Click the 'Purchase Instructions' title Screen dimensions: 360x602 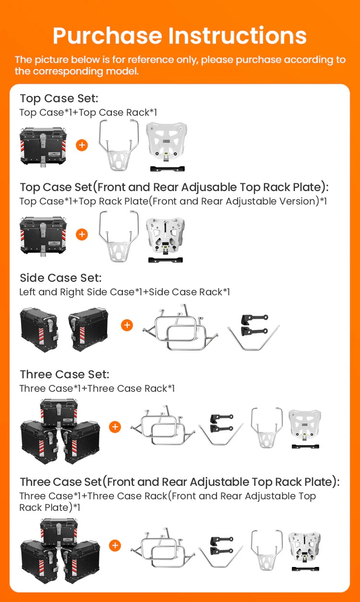point(180,36)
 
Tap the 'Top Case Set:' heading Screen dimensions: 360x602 point(59,98)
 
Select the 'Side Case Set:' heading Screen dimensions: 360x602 point(60,278)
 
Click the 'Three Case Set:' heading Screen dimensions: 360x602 point(64,374)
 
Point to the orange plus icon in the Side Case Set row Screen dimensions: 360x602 point(127,325)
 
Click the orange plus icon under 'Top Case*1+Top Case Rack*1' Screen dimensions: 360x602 point(82,145)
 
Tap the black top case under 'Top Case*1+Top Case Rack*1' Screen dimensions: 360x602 point(43,147)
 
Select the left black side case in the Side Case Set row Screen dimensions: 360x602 point(39,330)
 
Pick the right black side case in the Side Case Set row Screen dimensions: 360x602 point(88,329)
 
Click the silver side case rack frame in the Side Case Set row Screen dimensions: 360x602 point(180,327)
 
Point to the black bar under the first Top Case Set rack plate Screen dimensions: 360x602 point(168,169)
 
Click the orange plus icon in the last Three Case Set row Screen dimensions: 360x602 point(115,545)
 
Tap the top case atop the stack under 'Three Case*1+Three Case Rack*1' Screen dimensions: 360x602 point(59,413)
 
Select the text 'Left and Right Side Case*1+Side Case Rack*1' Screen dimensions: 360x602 point(125,292)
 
